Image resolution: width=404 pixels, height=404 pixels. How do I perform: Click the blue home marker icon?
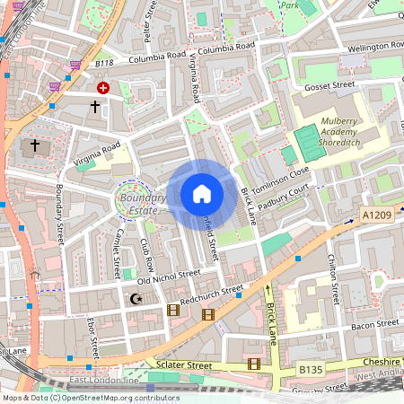tap(202, 194)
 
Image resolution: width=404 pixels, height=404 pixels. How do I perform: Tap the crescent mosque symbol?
tap(136, 298)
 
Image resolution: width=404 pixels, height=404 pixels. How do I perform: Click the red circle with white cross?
tap(103, 88)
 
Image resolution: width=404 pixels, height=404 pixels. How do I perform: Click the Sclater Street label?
tap(183, 365)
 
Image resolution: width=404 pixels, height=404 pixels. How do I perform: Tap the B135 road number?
tap(310, 368)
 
